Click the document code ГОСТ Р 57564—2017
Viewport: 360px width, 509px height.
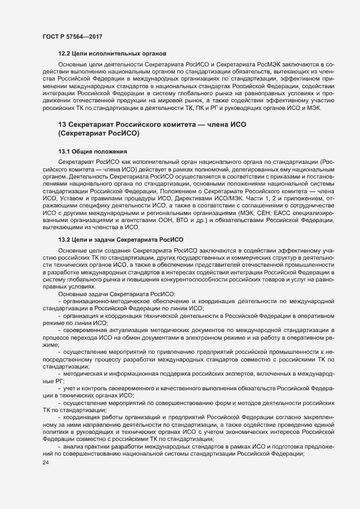72,36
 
